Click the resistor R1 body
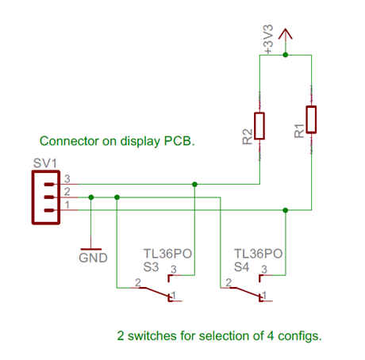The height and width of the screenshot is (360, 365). [x=311, y=120]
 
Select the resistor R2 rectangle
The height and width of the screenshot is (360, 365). [x=259, y=126]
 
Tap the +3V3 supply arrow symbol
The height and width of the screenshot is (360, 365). [x=286, y=34]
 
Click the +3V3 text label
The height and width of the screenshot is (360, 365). [x=267, y=39]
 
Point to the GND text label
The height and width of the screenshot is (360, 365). [x=93, y=258]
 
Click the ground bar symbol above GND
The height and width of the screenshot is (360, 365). [x=91, y=249]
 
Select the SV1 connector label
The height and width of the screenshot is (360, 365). [x=45, y=163]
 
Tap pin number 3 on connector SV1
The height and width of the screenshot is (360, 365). [x=67, y=179]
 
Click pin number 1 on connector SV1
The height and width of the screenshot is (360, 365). [x=67, y=205]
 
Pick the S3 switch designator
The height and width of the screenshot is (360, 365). [x=151, y=267]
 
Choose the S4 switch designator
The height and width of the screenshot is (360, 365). [x=241, y=267]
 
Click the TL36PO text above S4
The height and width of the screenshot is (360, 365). [x=259, y=254]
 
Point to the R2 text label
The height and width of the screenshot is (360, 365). [x=248, y=136]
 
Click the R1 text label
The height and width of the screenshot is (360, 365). [x=299, y=131]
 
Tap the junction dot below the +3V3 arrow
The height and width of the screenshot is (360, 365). [x=286, y=55]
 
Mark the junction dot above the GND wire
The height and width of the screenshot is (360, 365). [x=91, y=197]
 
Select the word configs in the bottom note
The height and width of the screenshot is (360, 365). [x=300, y=336]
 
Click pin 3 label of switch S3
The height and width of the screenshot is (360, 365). [x=174, y=270]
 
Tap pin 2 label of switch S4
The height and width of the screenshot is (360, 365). [x=229, y=282]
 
